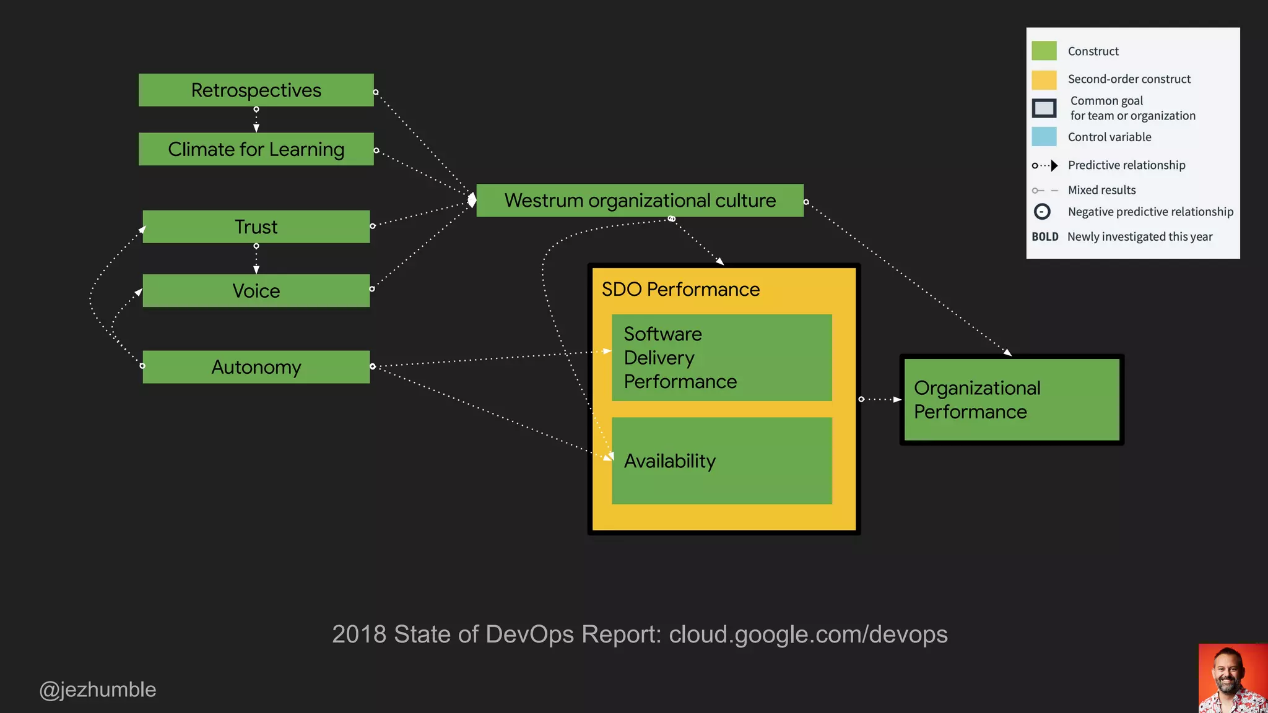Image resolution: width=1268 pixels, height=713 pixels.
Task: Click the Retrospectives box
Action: tap(256, 90)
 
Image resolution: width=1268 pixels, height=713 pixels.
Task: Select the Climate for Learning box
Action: tap(256, 149)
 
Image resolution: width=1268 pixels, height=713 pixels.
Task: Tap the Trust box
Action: tap(256, 227)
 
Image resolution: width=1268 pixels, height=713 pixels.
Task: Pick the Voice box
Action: tap(256, 291)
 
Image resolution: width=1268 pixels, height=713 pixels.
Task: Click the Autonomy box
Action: tap(256, 367)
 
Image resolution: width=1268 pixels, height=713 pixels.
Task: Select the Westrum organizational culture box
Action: tap(640, 201)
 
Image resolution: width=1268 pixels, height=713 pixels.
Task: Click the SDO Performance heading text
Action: tap(680, 290)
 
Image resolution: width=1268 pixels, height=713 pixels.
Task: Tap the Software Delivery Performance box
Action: tap(721, 358)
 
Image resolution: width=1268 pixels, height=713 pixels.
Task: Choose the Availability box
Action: tap(721, 460)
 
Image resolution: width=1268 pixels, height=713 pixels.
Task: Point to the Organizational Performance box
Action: tap(1011, 400)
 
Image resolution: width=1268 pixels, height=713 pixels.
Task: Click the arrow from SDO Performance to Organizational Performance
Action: tap(880, 399)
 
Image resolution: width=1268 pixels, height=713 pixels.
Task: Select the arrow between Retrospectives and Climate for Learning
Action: tap(256, 119)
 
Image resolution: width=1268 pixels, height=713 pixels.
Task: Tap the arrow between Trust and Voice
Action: tap(256, 259)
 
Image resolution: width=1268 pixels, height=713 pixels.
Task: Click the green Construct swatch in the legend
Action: tap(1044, 51)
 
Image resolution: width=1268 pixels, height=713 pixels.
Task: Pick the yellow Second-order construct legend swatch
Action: tap(1044, 80)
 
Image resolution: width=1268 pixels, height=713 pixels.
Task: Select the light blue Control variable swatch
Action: tap(1044, 137)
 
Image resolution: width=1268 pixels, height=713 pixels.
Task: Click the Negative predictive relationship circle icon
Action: tap(1042, 212)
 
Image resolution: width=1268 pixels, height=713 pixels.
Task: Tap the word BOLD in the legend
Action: tap(1044, 237)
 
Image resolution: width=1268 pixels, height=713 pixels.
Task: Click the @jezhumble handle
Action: tap(98, 689)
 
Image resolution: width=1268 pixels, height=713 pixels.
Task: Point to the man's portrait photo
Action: tap(1233, 678)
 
